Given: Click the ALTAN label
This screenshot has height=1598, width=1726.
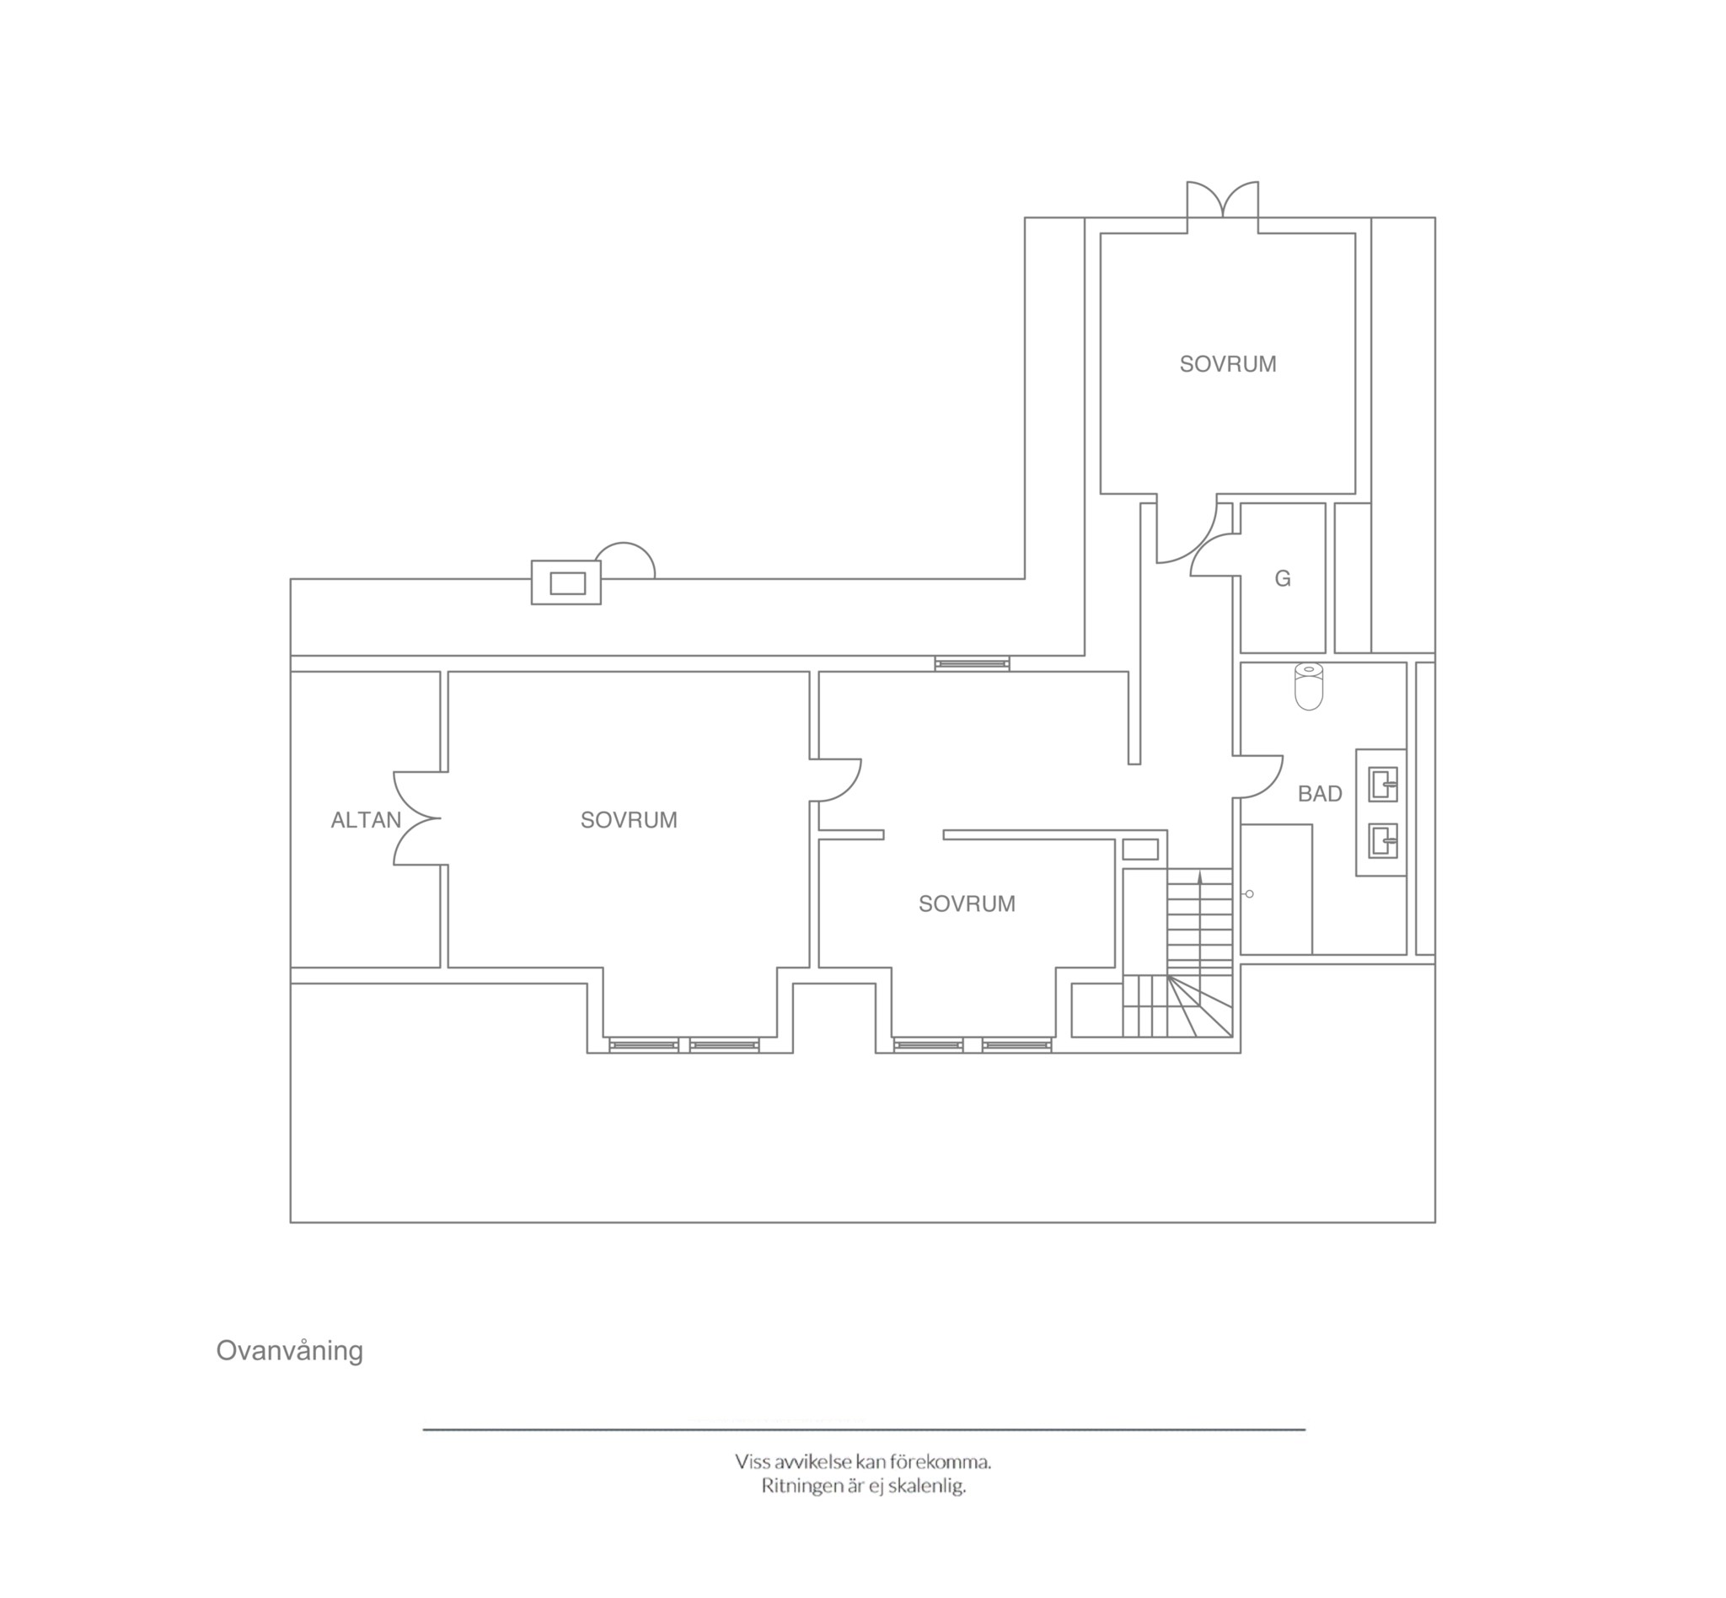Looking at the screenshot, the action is coord(366,820).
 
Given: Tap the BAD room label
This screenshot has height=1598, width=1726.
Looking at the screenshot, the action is coord(1320,794).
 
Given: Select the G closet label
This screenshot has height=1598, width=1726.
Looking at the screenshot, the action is coord(1283,578).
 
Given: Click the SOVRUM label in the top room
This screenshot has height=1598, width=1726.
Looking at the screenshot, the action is coord(1228,364).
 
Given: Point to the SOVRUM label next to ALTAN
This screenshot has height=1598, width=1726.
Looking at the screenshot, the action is coord(629,820).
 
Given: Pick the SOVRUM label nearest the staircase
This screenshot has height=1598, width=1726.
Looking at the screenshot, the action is coord(967,904).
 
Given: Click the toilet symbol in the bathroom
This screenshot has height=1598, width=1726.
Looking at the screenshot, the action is coord(1309,688).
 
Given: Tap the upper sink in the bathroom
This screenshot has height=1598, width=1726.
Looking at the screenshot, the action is coord(1383,786).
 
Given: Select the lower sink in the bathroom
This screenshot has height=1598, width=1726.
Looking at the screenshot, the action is coord(1383,840).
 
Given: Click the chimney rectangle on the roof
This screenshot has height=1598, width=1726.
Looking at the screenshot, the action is coord(566,582).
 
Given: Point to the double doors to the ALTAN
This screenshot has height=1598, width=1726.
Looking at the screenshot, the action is coord(417,818).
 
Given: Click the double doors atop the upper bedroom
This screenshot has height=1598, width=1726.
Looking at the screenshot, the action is coord(1222,199).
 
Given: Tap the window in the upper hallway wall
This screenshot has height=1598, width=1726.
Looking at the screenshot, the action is coord(972,663).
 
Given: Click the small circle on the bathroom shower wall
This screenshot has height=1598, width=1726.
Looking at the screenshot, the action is coord(1250,894).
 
